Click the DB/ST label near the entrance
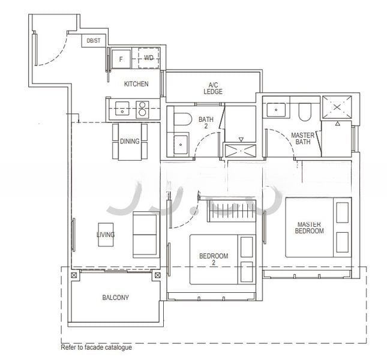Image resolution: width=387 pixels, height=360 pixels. [x=94, y=41]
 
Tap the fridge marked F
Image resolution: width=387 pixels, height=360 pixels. [x=121, y=59]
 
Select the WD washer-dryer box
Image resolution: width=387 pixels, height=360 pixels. [x=149, y=58]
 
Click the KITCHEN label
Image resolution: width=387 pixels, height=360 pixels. [x=136, y=84]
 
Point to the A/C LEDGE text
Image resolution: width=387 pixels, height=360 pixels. [x=213, y=88]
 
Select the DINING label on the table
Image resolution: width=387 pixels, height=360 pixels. [x=130, y=142]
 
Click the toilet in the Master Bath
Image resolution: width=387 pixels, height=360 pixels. [x=304, y=111]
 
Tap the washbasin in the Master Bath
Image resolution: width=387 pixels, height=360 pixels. [x=277, y=110]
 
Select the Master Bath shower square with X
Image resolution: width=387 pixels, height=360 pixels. [x=337, y=107]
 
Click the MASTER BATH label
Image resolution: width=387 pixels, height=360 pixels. [x=303, y=139]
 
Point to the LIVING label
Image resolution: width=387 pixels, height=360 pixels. [x=106, y=235]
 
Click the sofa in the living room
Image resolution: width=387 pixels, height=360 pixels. [x=145, y=234]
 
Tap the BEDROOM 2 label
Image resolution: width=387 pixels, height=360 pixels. [x=214, y=259]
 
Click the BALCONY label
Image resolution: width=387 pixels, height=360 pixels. [x=115, y=298]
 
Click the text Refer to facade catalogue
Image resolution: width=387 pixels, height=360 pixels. [x=96, y=347]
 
